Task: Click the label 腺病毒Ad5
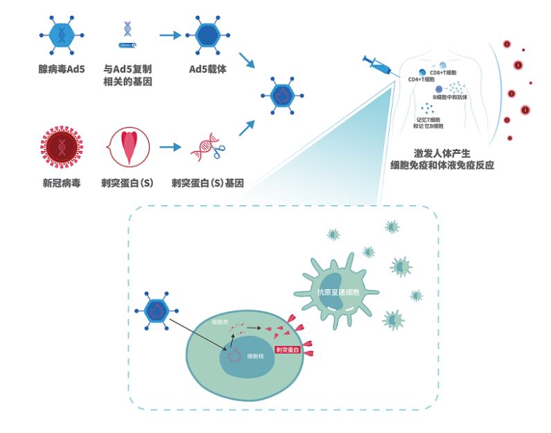tap(62, 69)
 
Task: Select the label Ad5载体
tap(208, 69)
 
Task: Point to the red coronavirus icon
tap(61, 148)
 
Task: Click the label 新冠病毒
tap(62, 183)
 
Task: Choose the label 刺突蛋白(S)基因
tap(208, 183)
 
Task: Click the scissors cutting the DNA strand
tap(219, 146)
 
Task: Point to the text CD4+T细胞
tap(422, 80)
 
